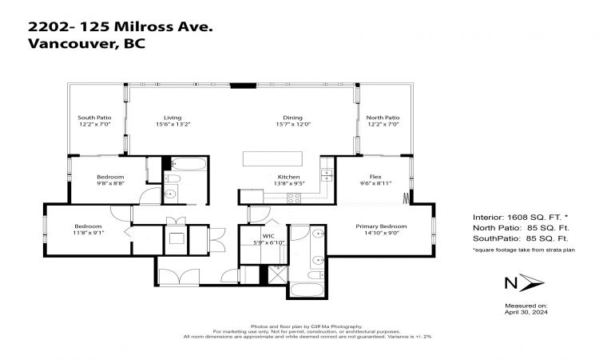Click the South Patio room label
tap(94, 118)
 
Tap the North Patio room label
tap(383, 118)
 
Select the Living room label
tap(173, 118)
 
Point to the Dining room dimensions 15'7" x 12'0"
tap(293, 124)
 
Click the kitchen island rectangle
tap(272, 158)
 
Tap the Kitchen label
tap(288, 177)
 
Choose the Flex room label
tap(375, 177)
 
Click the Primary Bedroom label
tap(381, 226)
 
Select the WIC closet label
tap(268, 236)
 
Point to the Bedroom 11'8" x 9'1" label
tap(88, 230)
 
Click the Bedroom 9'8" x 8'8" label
tap(110, 180)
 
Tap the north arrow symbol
tap(532, 282)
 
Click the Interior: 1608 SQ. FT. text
tap(521, 218)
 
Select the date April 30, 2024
tap(526, 312)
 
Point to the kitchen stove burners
tap(294, 198)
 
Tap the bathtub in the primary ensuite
tap(307, 290)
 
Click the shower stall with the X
tap(278, 274)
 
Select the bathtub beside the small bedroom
tap(188, 164)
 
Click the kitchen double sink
tap(327, 175)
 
